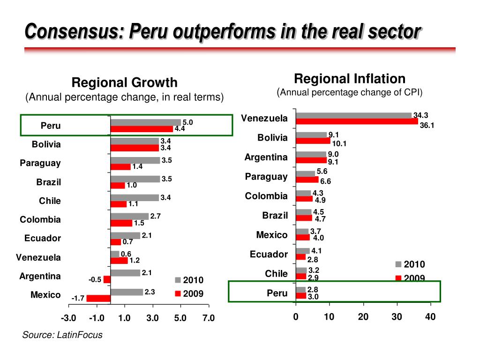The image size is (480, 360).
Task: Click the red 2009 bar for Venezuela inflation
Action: click(357, 121)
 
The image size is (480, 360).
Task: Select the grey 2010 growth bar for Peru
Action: click(145, 122)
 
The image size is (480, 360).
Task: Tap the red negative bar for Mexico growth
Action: click(98, 298)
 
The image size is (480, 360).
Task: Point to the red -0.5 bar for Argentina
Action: click(107, 279)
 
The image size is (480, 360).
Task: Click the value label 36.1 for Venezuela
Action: click(427, 125)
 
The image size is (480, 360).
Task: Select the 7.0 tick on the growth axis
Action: click(208, 319)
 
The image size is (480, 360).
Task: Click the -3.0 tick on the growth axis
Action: click(68, 319)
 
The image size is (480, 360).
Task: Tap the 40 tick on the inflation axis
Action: click(430, 317)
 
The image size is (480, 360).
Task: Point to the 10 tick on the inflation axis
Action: click(329, 317)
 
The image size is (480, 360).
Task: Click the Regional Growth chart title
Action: click(124, 83)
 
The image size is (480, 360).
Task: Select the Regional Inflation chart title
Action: click(349, 78)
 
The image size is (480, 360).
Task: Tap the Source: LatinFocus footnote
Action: click(62, 335)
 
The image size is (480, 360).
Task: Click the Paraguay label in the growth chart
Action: click(40, 163)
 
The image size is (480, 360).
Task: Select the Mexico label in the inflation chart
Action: click(272, 235)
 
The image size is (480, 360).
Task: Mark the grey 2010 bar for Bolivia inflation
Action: click(311, 135)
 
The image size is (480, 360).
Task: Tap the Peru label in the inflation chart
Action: click(277, 293)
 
